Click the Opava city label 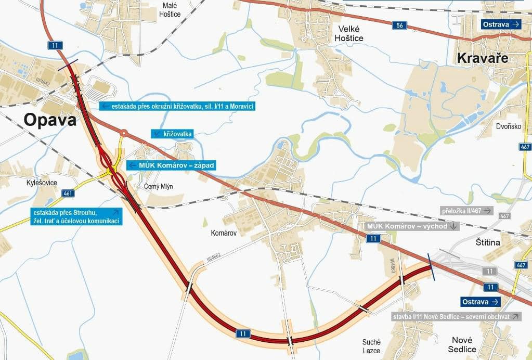click(50, 121)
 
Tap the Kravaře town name click(482, 58)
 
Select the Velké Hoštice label click(349, 33)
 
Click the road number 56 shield click(399, 24)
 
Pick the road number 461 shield click(68, 193)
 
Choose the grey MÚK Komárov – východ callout click(412, 226)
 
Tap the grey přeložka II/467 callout click(466, 211)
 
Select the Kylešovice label click(42, 183)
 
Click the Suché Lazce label click(371, 346)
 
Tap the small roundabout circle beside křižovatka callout click(124, 133)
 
